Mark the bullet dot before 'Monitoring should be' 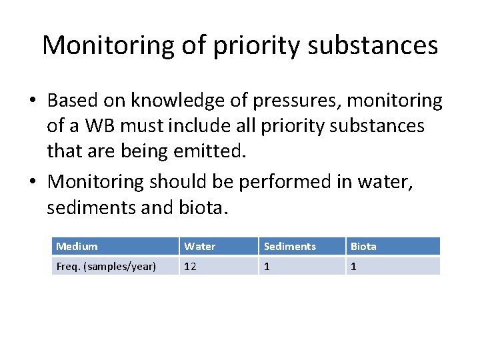point(33,182)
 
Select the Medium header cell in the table point(77,247)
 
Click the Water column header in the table point(200,247)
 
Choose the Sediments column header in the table point(290,247)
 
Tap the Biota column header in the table point(363,247)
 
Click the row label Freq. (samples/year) point(106,267)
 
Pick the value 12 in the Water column point(191,267)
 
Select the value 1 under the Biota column point(353,267)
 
